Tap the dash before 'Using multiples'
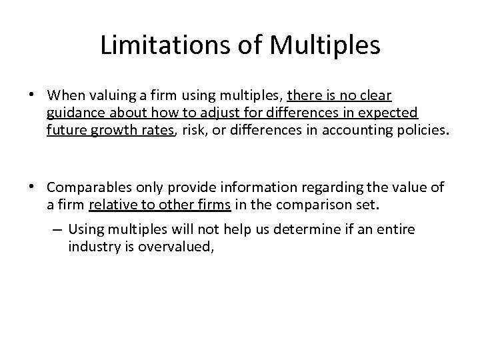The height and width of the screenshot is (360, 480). tap(56, 229)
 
